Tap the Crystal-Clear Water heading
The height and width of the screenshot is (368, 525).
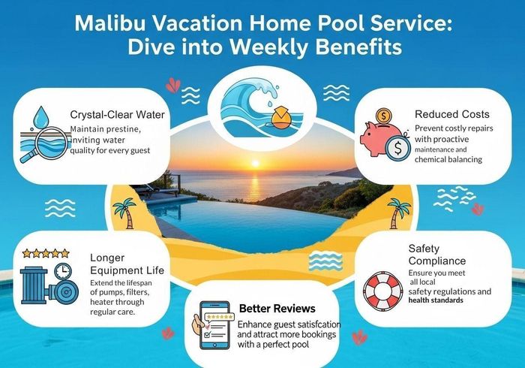117,115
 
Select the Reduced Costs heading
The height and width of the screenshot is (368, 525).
452,114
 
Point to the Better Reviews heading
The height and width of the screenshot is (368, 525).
277,309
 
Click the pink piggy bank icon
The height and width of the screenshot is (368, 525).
381,138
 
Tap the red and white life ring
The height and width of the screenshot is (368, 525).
384,291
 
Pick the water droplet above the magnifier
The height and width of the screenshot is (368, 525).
41,116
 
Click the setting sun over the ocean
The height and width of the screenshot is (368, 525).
255,164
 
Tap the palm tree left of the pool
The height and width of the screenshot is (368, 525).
124,213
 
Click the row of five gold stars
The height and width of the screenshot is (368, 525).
46,253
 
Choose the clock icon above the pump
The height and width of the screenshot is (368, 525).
63,270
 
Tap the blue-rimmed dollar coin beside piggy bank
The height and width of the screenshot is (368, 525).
397,149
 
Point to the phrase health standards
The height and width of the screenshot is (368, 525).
436,300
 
